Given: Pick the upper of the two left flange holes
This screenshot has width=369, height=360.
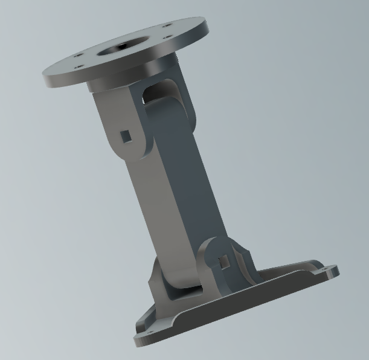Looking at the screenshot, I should [79, 55].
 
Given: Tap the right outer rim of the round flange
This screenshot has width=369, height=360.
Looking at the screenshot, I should [202, 30].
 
